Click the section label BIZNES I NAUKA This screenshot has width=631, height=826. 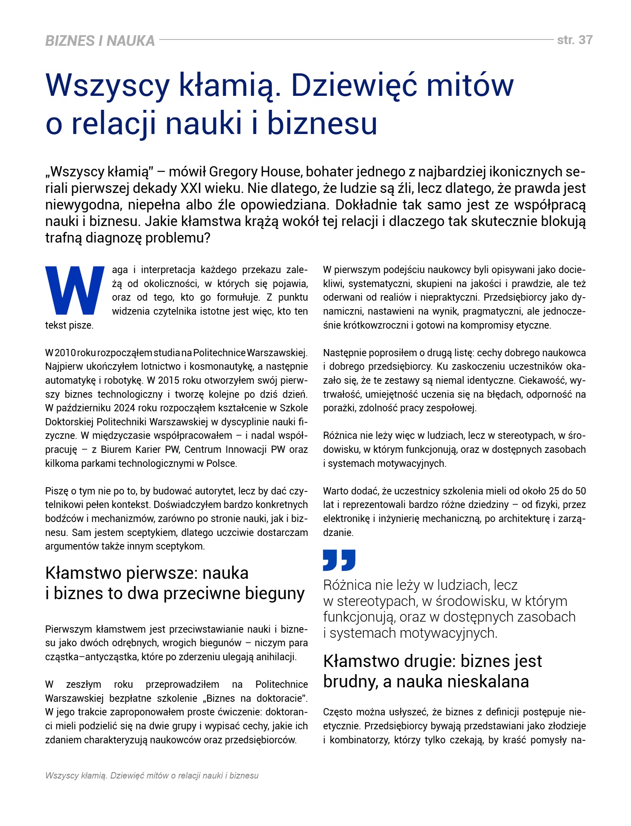100,41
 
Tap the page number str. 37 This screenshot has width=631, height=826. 575,40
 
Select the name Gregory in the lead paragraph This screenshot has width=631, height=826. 232,172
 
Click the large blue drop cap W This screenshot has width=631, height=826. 75,290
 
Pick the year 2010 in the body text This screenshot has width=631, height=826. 65,353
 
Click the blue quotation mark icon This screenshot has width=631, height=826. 339,560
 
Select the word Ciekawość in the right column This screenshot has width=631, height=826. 542,380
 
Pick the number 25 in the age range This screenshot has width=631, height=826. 554,491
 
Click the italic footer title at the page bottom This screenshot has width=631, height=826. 152,776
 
